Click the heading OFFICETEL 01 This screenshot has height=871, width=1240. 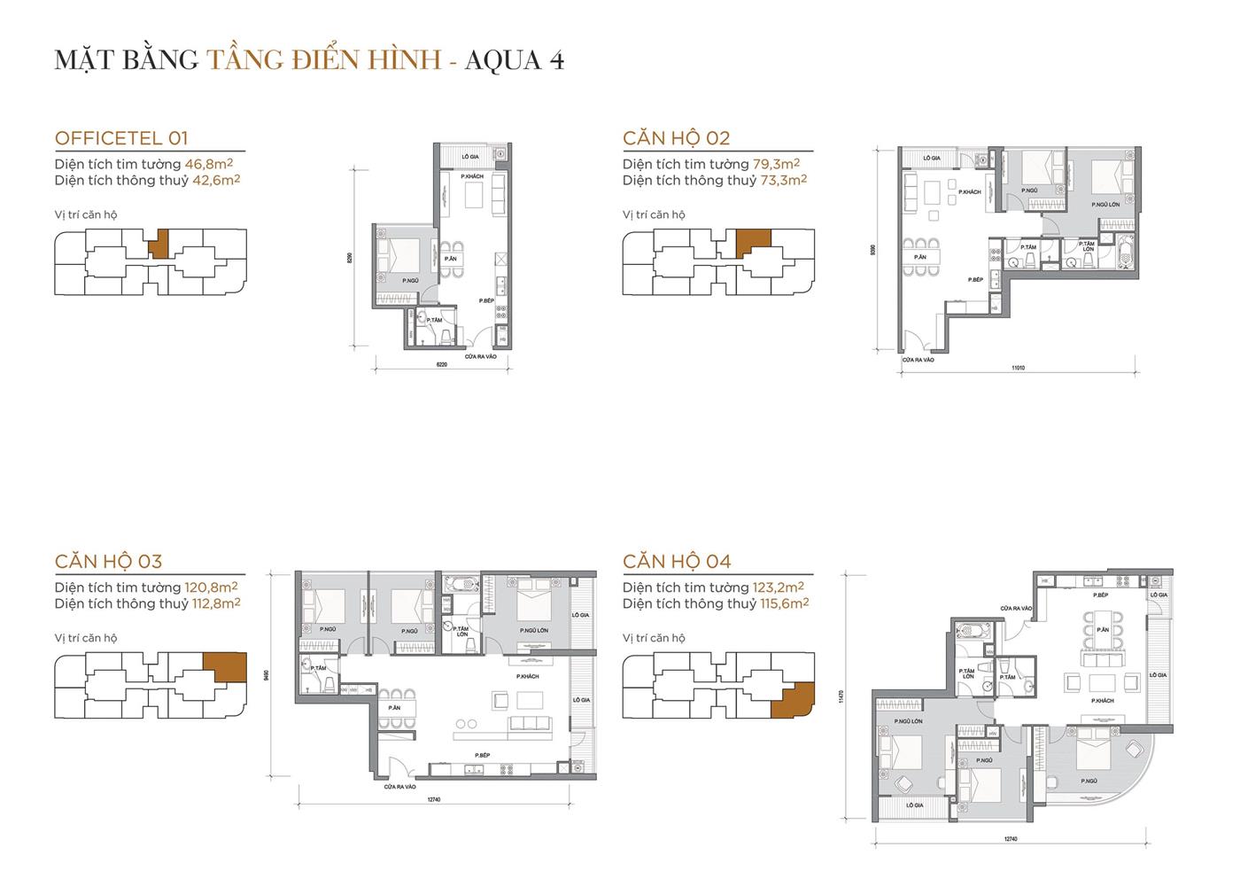pos(121,138)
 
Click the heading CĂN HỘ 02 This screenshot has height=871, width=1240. pos(676,138)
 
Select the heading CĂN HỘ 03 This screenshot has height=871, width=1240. pos(108,561)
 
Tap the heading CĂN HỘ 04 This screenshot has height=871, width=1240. pos(677,561)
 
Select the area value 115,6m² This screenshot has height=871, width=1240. pos(785,603)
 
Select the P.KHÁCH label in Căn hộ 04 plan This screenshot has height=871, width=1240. pos(1103,700)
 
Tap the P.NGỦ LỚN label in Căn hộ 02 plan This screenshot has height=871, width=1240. pos(1103,204)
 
